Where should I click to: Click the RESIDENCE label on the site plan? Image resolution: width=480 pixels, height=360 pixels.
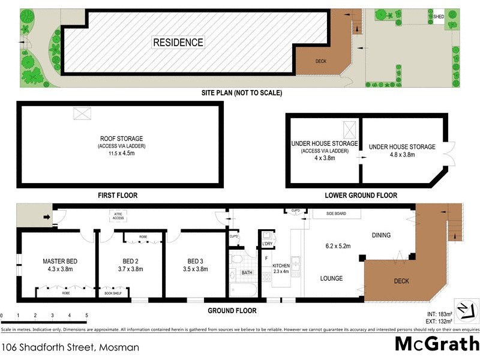(178, 43)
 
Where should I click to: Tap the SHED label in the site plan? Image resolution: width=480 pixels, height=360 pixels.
(439, 17)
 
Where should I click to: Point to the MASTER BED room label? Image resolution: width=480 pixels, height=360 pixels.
(60, 262)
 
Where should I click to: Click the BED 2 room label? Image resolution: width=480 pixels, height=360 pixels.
(130, 262)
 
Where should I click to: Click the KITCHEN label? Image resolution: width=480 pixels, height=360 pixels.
(281, 265)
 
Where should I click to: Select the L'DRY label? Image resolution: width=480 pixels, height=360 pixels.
(267, 244)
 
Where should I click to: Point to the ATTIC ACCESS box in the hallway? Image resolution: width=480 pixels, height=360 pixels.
(118, 215)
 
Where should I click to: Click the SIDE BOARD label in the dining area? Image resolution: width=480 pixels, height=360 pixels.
(337, 213)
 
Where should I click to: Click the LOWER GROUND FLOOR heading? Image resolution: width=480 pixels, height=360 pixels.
(361, 196)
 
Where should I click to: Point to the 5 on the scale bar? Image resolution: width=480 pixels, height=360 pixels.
(86, 316)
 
